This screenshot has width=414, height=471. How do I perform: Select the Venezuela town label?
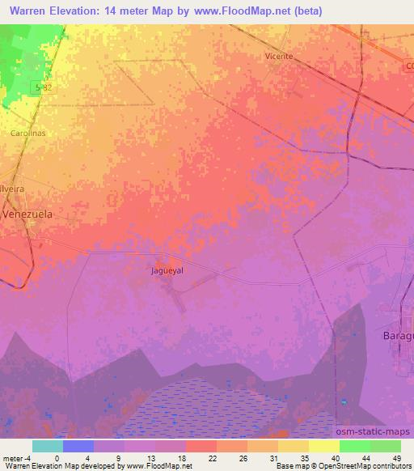[x=27, y=214]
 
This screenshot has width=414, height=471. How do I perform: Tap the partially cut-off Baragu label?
[x=396, y=334]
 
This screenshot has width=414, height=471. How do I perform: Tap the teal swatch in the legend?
[x=48, y=446]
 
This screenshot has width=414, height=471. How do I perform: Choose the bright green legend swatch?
[x=355, y=446]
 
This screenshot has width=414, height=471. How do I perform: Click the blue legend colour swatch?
[x=78, y=446]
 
